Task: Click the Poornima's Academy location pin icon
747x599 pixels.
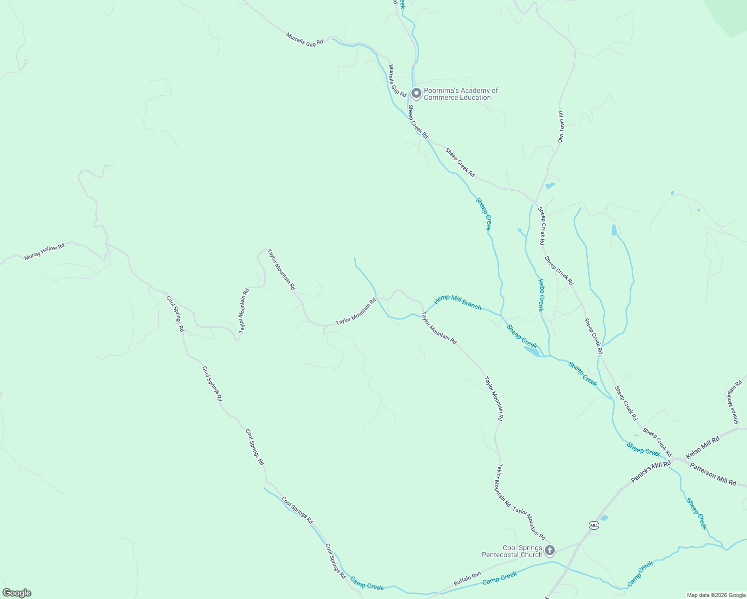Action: [416, 93]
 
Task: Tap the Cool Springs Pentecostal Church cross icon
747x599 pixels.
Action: [550, 551]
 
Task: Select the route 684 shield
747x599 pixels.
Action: [593, 526]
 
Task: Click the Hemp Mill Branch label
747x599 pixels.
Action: [457, 302]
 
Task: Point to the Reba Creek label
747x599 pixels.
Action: [541, 295]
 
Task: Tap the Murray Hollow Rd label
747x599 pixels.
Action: [44, 252]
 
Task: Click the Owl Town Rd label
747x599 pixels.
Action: [561, 127]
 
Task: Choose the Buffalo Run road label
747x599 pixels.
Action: [467, 579]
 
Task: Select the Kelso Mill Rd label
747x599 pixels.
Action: [703, 447]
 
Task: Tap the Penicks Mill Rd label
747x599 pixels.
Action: [651, 472]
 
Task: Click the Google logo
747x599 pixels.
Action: [16, 593]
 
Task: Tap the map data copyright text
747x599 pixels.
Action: [716, 595]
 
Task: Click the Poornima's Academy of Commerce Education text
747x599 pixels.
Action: [461, 94]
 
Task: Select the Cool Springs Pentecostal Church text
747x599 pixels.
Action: [512, 551]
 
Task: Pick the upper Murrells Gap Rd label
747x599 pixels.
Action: [305, 39]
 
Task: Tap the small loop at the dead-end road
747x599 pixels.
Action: [25, 62]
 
